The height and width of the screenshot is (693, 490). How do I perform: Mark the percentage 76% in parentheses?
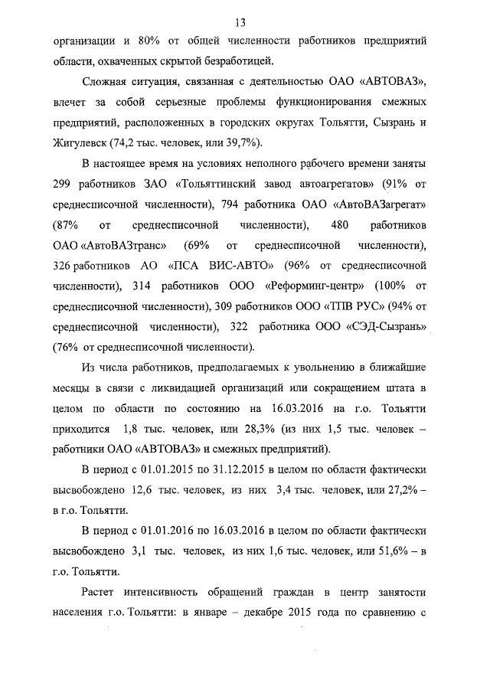pyautogui.click(x=68, y=347)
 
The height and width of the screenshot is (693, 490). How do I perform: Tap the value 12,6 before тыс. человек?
pyautogui.click(x=142, y=489)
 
